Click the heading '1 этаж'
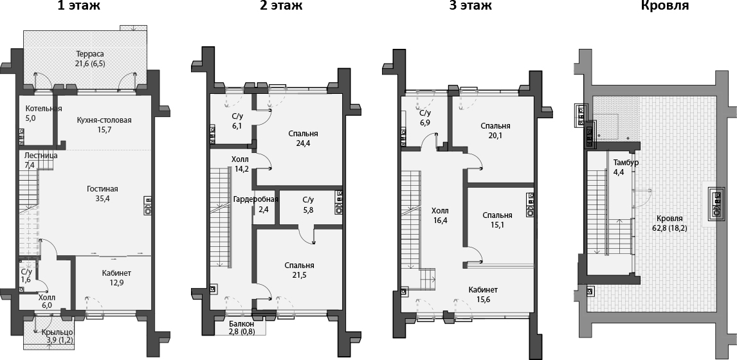78,6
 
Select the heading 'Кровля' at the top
665,6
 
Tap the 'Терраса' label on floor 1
89,54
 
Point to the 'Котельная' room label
44,109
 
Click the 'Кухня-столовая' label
104,120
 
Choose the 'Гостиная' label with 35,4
103,189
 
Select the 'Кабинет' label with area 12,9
116,273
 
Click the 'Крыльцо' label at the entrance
57,331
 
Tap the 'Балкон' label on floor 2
242,323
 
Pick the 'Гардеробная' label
255,199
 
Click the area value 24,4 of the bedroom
304,143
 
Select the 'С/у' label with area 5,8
308,200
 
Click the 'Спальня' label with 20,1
495,125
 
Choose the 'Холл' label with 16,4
440,210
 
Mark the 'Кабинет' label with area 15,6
483,289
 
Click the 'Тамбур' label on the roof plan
626,163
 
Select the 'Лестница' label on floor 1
41,156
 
